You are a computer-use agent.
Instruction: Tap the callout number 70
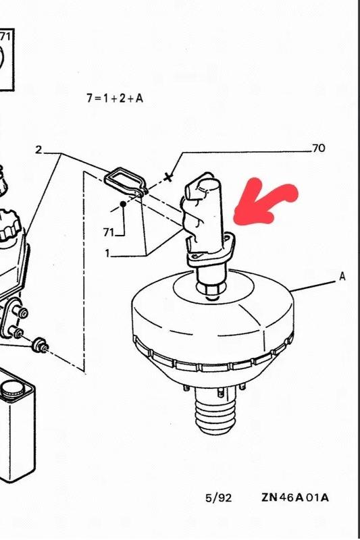click(319, 148)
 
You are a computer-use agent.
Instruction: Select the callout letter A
click(342, 276)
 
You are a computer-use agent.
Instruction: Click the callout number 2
click(38, 150)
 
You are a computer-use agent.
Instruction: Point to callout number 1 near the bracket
click(107, 254)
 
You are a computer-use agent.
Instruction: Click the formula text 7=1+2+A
click(115, 99)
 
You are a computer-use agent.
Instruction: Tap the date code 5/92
click(218, 498)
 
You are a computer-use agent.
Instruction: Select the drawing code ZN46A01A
click(295, 497)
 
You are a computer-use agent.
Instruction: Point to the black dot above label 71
click(123, 205)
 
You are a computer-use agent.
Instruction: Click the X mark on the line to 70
click(168, 178)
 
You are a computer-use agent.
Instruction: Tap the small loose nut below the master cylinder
click(39, 345)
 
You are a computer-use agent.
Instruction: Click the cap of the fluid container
click(12, 389)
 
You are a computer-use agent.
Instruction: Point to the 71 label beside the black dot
click(109, 232)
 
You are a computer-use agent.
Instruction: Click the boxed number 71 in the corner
click(5, 36)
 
